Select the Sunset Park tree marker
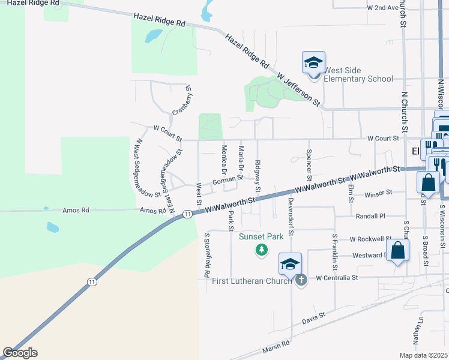click(x=261, y=249)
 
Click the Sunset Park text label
click(x=261, y=236)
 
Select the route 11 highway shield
click(x=188, y=214)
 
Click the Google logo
click(x=20, y=353)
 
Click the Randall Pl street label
click(x=369, y=216)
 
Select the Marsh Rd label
click(x=276, y=346)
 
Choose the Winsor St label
click(x=378, y=193)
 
